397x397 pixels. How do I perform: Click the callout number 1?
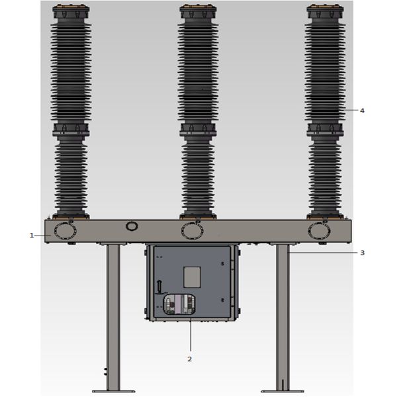click(31, 235)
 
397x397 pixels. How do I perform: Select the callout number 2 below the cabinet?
click(190, 359)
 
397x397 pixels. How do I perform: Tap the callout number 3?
click(362, 253)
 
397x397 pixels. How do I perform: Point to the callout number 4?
click(362, 110)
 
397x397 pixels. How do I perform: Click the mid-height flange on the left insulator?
click(71, 129)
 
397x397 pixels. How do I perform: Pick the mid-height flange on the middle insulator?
click(198, 129)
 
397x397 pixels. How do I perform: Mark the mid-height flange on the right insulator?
click(324, 129)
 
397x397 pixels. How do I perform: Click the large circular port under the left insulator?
click(65, 231)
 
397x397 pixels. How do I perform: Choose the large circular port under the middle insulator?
click(192, 231)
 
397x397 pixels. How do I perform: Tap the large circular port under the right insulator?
click(319, 231)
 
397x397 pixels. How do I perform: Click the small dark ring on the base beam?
click(132, 226)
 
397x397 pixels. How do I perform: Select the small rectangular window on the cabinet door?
click(191, 276)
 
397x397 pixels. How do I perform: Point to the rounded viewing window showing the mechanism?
click(179, 304)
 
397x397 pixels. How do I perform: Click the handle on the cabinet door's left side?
click(158, 286)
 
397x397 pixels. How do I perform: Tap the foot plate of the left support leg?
click(113, 391)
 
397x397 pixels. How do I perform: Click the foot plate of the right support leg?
click(283, 391)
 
